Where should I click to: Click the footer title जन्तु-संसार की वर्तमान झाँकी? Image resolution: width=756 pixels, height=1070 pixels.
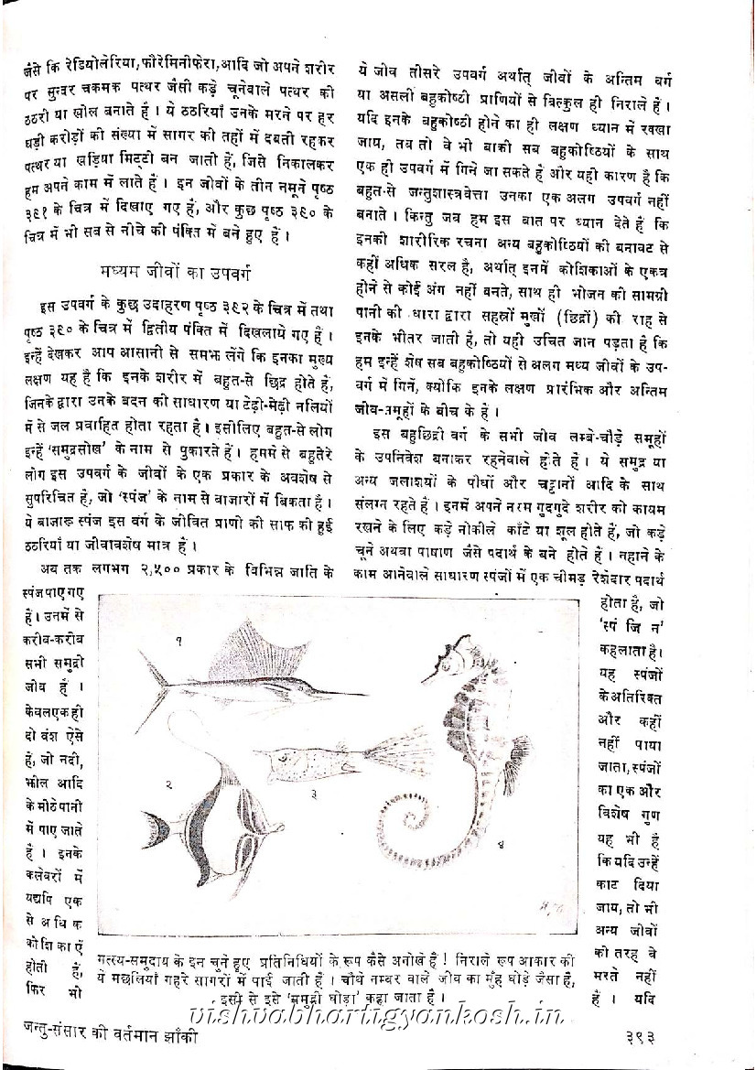point(120,1039)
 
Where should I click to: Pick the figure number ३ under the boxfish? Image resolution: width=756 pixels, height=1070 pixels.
point(313,794)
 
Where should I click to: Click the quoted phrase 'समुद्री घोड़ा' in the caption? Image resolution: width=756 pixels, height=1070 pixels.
point(299,996)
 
